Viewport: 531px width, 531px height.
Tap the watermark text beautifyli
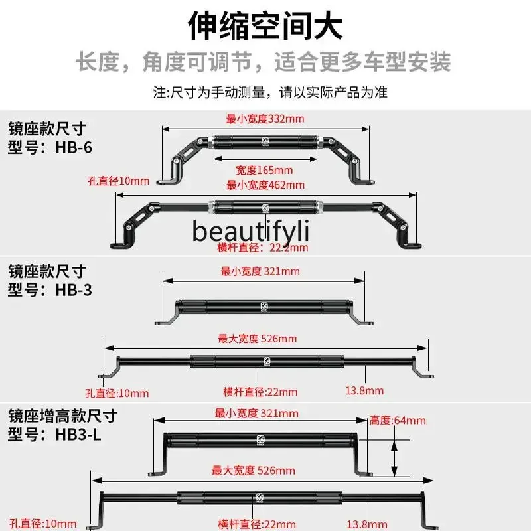pos(252,230)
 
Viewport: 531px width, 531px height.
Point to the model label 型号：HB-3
pos(50,290)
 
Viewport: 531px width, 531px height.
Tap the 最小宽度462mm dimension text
pos(265,185)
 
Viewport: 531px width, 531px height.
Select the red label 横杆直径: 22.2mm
pos(263,248)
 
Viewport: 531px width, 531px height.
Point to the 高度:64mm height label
pos(398,420)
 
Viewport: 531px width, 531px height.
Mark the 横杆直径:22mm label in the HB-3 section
pos(260,392)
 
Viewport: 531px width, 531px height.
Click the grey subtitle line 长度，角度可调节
pos(265,62)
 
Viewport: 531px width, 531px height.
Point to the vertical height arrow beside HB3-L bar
pos(394,456)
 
